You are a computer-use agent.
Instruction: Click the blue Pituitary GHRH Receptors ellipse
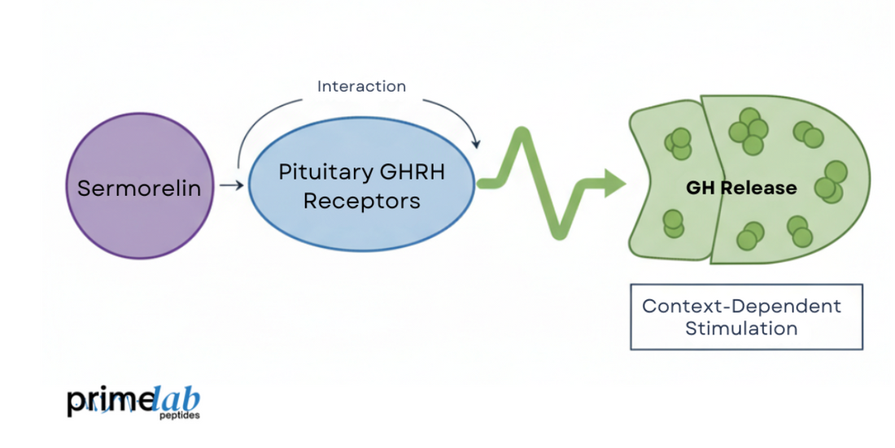click(x=361, y=220)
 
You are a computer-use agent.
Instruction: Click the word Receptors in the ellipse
click(x=361, y=201)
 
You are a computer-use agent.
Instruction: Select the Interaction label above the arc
click(x=361, y=86)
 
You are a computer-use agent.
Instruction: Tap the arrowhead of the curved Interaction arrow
click(x=475, y=142)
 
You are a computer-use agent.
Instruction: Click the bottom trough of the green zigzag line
click(x=560, y=233)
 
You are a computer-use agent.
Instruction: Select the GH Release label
click(x=741, y=188)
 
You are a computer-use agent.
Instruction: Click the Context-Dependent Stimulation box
click(x=746, y=317)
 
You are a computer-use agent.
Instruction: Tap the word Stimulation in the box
click(x=740, y=328)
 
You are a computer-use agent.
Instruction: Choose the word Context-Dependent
click(x=741, y=307)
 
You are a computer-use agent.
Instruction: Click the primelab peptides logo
click(x=133, y=403)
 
